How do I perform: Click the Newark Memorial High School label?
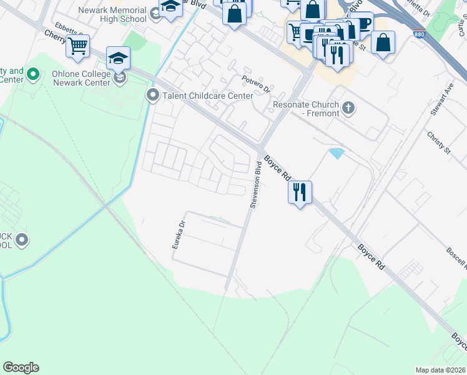point(113,15)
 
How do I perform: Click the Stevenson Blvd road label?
point(256,184)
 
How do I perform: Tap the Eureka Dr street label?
point(179,235)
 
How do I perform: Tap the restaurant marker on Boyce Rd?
point(300,192)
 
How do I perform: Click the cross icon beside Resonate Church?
point(349,109)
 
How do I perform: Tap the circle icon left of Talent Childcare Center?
point(152,96)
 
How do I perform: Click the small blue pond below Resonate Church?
point(337,153)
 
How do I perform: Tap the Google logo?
point(21,367)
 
